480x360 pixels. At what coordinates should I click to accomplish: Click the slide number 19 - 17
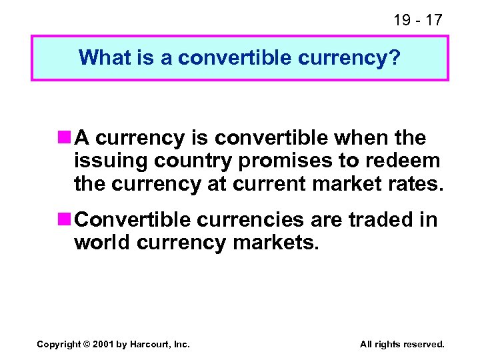pyautogui.click(x=417, y=20)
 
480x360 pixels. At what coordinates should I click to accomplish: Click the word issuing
pyautogui.click(x=111, y=161)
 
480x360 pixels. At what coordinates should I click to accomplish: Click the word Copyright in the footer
pyautogui.click(x=59, y=344)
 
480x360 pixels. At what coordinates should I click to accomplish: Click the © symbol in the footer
pyautogui.click(x=87, y=344)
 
